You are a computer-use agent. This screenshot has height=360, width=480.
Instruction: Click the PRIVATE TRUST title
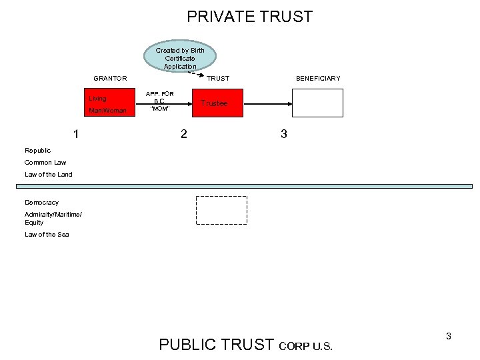[249, 17]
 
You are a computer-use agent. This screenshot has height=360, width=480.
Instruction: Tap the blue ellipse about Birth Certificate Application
[180, 58]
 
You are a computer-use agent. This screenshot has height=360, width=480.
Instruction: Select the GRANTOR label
[110, 79]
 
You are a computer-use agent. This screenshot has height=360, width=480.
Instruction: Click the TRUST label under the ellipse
[218, 79]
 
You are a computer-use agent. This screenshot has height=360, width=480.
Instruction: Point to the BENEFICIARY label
[318, 79]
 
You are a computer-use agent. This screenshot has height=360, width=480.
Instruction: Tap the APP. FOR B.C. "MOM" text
[160, 101]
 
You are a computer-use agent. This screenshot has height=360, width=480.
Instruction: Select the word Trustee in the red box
[214, 103]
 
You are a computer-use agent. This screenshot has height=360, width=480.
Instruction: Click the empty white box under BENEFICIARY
[317, 103]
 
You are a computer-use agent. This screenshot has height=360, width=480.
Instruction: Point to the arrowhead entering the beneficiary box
[289, 104]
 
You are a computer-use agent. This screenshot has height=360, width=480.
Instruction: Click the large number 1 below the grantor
[77, 134]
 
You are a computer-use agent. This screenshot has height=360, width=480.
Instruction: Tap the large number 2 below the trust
[184, 134]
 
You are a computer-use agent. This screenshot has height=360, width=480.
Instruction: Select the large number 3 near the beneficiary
[284, 134]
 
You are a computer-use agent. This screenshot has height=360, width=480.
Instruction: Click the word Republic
[37, 151]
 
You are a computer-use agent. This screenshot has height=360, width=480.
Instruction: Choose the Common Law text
[45, 163]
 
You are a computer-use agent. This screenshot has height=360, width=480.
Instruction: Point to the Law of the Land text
[49, 175]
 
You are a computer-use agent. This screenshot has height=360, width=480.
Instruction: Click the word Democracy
[41, 203]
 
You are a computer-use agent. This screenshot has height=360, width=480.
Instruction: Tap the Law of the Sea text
[47, 235]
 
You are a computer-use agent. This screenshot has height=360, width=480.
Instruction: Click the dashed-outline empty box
[221, 210]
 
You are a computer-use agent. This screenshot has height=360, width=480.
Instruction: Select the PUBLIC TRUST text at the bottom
[217, 345]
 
